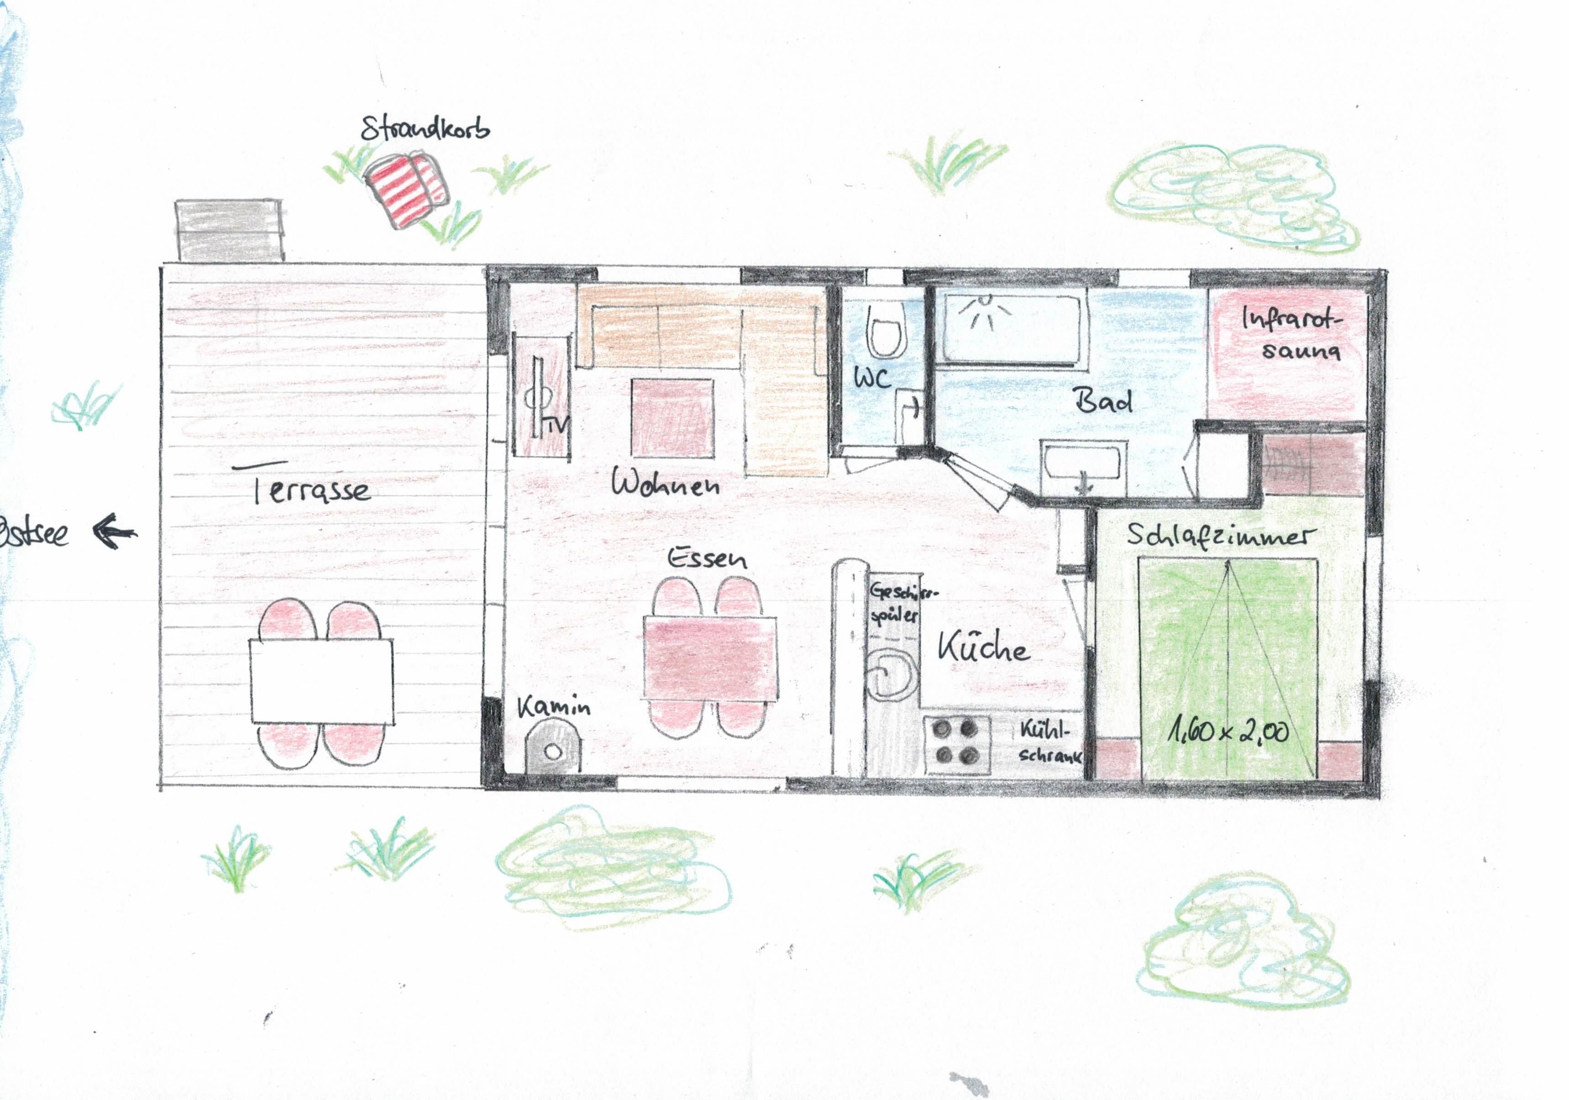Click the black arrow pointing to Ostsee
[114, 531]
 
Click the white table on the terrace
[321, 681]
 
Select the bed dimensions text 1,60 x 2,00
[1228, 732]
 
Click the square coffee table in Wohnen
[672, 418]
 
